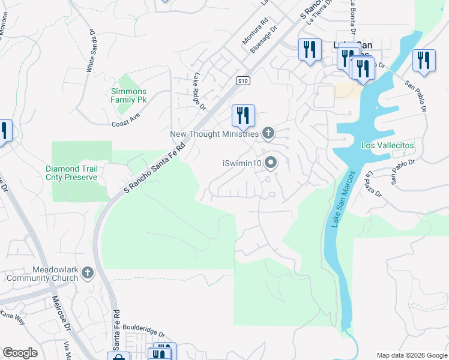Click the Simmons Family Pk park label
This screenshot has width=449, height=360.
tap(128, 95)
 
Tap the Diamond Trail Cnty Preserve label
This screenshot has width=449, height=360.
tap(71, 173)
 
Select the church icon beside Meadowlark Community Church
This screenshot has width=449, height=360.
tap(88, 274)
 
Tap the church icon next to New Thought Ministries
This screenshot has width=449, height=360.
tap(268, 133)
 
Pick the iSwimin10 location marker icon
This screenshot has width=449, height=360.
tap(271, 163)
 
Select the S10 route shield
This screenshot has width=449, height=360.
tap(243, 80)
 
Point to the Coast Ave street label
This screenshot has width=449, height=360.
tap(125, 120)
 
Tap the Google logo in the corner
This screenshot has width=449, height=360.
tap(20, 353)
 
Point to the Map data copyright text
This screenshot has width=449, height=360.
tap(411, 355)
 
